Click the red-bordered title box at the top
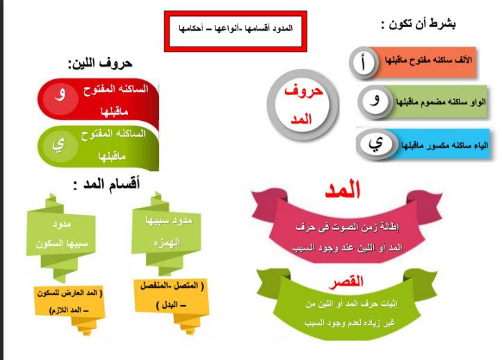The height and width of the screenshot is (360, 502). pyautogui.click(x=235, y=31)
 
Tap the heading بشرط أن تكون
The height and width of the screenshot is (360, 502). pyautogui.click(x=418, y=24)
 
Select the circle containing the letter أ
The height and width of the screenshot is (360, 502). pyautogui.click(x=364, y=63)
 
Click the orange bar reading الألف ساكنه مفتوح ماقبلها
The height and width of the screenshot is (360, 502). pyautogui.click(x=426, y=62)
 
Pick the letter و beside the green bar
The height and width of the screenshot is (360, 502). pyautogui.click(x=375, y=100)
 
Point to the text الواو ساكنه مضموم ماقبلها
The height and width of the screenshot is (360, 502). pyautogui.click(x=441, y=102)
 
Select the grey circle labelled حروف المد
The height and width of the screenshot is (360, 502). pyautogui.click(x=302, y=105)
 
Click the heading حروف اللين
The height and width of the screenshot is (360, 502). pyautogui.click(x=100, y=63)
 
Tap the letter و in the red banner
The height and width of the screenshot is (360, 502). pyautogui.click(x=60, y=94)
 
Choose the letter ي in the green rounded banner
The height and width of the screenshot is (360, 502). pyautogui.click(x=58, y=145)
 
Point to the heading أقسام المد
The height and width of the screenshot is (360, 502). pyautogui.click(x=106, y=185)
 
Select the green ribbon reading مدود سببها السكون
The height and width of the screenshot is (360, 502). pyautogui.click(x=60, y=235)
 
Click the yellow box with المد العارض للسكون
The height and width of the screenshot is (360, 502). pyautogui.click(x=70, y=302)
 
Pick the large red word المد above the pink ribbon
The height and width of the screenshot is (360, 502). pyautogui.click(x=343, y=190)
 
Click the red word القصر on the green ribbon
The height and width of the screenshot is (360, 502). pyautogui.click(x=346, y=282)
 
